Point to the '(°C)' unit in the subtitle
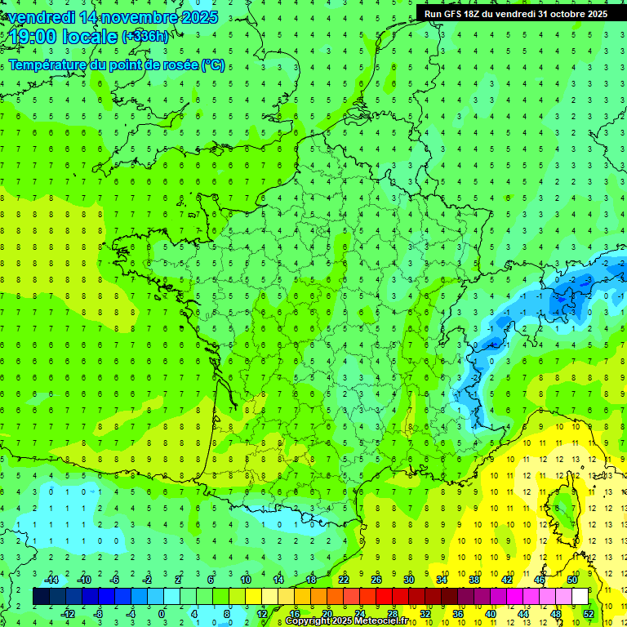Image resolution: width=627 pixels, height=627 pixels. tap(213, 65)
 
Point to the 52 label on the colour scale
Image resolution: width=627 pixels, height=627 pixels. tap(588, 613)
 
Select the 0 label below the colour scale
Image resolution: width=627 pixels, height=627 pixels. tap(162, 613)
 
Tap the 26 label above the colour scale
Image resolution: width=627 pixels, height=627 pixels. tap(376, 580)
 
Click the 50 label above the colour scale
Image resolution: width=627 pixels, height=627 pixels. tap(572, 580)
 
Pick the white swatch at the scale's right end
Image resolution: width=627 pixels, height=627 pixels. tap(580, 597)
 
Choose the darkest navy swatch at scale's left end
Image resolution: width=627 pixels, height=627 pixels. tap(42, 597)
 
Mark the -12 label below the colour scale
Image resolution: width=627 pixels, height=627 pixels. tap(69, 613)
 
